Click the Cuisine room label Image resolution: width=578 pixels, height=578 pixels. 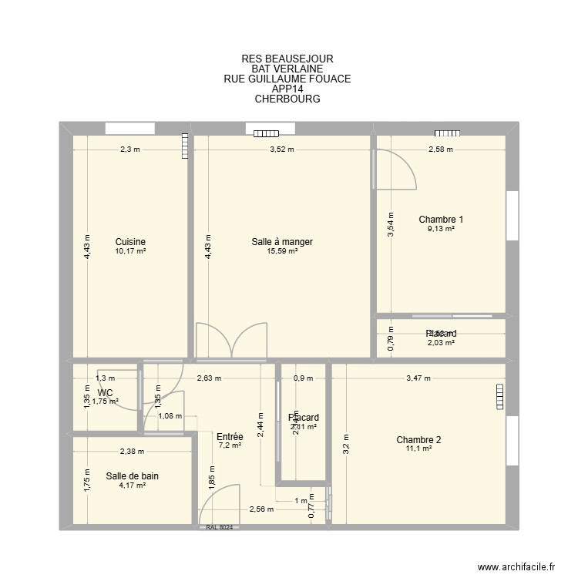[130, 241]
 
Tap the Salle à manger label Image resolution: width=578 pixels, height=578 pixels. [282, 242]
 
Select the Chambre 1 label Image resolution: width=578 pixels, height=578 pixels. [441, 220]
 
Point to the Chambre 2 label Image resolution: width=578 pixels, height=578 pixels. [418, 440]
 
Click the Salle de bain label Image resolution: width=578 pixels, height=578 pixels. [132, 476]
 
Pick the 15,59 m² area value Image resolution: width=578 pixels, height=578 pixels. [282, 251]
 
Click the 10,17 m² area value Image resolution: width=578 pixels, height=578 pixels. [130, 251]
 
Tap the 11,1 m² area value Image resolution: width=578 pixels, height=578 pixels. [418, 449]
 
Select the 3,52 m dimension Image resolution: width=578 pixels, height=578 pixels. [282, 150]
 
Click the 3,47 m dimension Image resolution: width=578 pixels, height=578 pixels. [418, 378]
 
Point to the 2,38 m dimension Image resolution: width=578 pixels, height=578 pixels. [132, 452]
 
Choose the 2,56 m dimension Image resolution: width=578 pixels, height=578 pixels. [261, 509]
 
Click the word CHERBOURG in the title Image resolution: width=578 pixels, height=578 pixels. [287, 99]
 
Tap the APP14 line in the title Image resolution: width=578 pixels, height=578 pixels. [287, 89]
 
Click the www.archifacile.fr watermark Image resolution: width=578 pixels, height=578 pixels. [516, 566]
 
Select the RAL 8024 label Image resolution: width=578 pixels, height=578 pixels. [220, 528]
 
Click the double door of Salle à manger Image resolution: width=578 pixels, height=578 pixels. [231, 341]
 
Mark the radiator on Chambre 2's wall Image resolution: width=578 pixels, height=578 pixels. [496, 396]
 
